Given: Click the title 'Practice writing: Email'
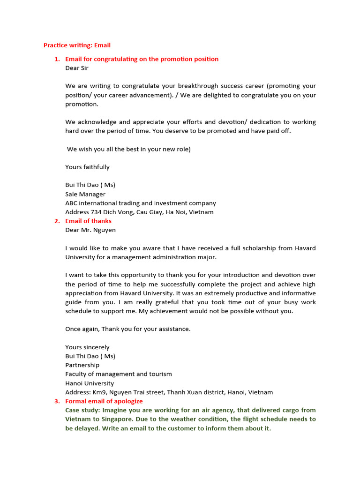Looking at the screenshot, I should [77, 45].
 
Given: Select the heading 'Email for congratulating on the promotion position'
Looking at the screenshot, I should [142, 59].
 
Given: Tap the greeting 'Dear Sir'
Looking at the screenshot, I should [77, 68].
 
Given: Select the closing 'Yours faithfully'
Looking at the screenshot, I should [87, 167].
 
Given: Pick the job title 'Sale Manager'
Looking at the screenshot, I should [85, 194].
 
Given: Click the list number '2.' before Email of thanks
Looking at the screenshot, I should [57, 221].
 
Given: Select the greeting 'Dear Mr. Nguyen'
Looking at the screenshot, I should [90, 230].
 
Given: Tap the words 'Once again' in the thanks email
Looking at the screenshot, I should [81, 329].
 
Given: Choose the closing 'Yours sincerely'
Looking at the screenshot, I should [87, 347].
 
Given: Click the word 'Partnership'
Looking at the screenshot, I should [82, 365].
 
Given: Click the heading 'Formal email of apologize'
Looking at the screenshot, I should [104, 401].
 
